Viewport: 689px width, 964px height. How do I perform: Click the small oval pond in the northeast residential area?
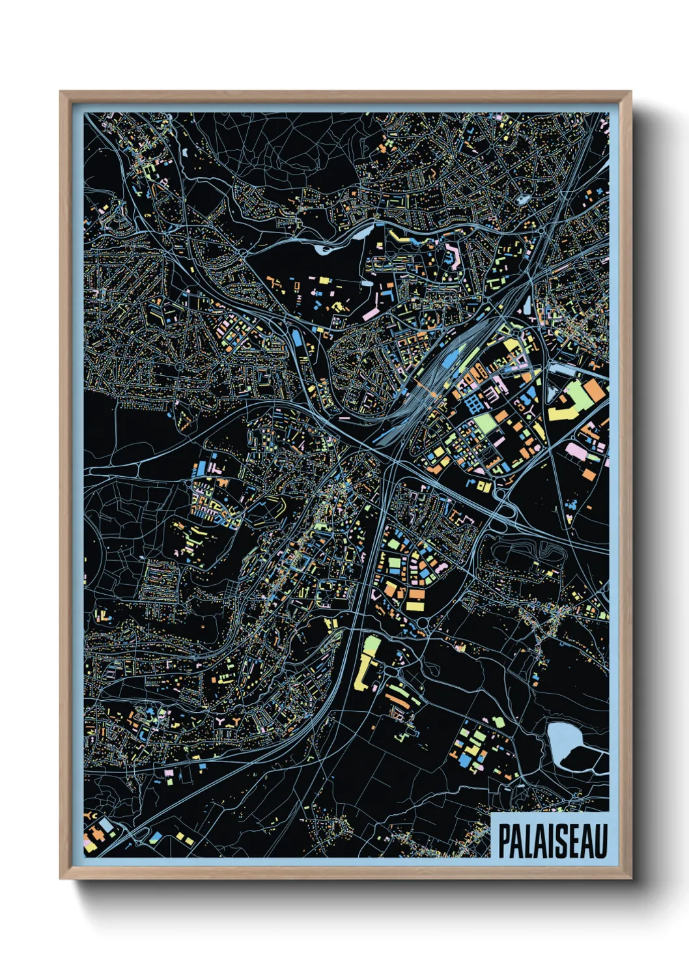[x=522, y=199]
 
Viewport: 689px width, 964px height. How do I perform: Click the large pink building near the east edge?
[x=576, y=450]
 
